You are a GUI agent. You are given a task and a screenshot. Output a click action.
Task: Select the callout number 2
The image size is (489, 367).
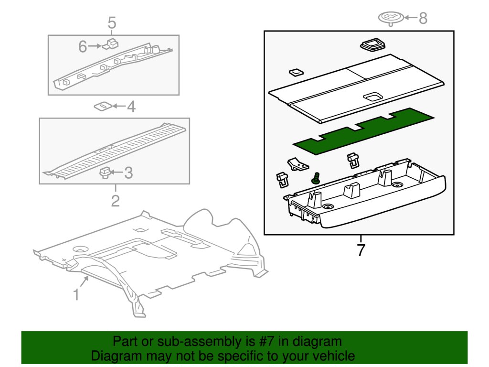pos(115,201)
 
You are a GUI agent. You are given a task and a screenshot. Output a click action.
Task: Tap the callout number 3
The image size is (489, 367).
pos(128,173)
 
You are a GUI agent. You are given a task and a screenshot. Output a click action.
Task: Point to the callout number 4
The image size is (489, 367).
pos(130,107)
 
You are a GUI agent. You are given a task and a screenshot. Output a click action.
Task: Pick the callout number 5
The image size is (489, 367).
pos(112,22)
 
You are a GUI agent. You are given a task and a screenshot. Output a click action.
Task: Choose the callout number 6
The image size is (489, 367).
pos(83,46)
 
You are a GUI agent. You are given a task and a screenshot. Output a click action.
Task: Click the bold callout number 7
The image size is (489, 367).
pos(361,249)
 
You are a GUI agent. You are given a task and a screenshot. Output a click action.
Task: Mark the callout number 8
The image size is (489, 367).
pos(423,19)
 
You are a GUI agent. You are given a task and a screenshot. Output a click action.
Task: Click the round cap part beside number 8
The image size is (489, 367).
pos(391,18)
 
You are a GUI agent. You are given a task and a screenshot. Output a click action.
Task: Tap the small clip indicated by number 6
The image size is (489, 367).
pos(113,43)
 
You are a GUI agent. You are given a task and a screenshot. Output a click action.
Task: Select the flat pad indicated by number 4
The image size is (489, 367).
pos(104,106)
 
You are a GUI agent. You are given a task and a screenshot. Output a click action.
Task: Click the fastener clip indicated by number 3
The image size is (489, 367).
pos(105,172)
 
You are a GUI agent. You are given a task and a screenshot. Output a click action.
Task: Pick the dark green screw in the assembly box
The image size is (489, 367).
pos(315,179)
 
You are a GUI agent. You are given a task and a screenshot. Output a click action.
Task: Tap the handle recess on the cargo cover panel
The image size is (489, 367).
pos(372,97)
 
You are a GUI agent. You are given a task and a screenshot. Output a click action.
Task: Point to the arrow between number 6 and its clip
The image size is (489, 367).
pos(95,46)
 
